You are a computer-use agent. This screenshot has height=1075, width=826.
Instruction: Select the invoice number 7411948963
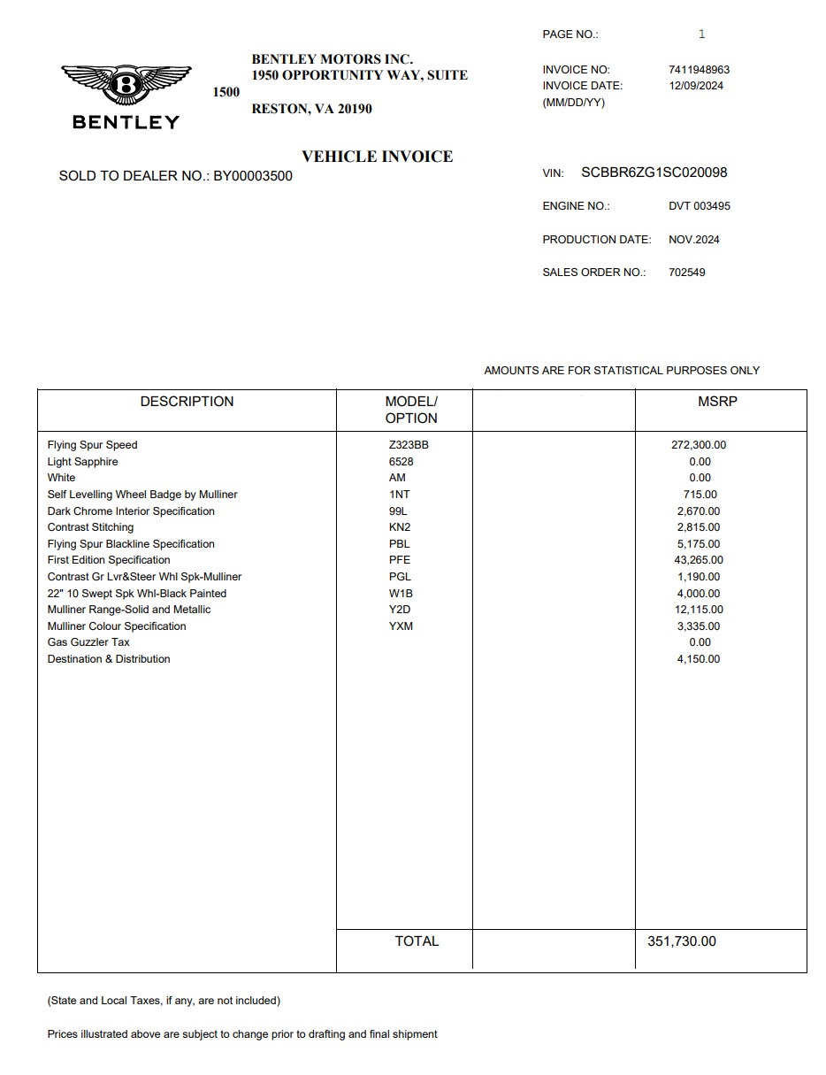click(x=699, y=70)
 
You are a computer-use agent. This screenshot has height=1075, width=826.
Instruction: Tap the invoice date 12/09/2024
click(x=696, y=86)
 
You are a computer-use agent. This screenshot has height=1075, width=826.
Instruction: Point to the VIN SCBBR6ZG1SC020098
click(x=654, y=173)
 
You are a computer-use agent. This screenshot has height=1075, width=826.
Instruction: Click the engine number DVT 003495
click(x=699, y=206)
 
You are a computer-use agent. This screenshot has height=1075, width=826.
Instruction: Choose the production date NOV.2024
click(x=693, y=240)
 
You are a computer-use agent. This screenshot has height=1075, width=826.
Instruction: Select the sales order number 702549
click(x=686, y=273)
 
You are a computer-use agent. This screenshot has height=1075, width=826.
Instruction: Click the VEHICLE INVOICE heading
click(x=377, y=157)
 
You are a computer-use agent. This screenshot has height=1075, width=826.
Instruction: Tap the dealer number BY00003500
click(x=253, y=176)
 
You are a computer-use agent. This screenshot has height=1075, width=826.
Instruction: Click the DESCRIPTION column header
click(x=187, y=402)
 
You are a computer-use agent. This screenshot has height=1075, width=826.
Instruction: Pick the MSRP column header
click(x=717, y=402)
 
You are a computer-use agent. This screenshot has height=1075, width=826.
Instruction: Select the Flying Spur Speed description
click(x=93, y=445)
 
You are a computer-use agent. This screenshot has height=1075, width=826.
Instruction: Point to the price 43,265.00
click(x=699, y=560)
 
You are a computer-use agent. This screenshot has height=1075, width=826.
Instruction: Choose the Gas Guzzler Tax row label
click(x=88, y=642)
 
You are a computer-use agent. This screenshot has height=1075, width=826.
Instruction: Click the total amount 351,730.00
click(x=681, y=941)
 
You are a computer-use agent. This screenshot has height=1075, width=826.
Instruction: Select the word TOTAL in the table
click(x=417, y=941)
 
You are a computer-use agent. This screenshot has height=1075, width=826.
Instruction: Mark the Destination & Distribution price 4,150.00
click(x=699, y=659)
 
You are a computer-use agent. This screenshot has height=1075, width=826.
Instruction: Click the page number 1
click(x=701, y=35)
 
